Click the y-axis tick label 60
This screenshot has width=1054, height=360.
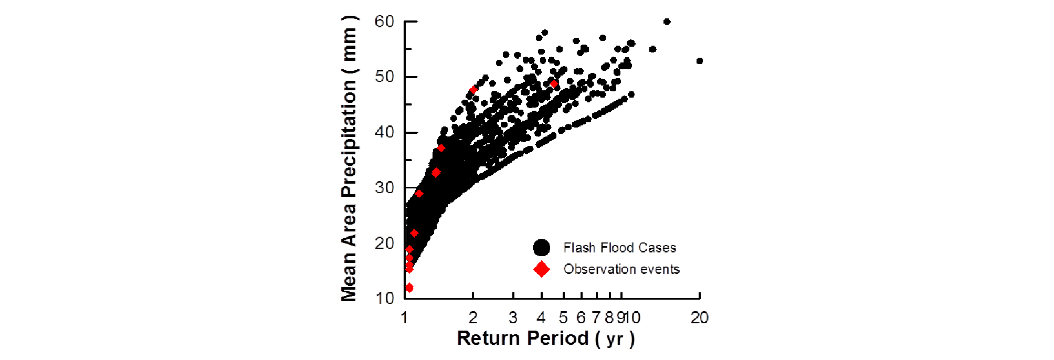coord(384,22)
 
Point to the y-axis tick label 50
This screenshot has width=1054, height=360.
coord(384,77)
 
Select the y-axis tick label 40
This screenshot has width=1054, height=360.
coord(384,132)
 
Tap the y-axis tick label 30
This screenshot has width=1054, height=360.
coord(384,187)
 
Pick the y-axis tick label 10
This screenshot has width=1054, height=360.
coord(385,298)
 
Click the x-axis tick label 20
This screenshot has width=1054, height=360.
coord(699,317)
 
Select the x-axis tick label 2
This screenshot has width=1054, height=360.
coord(473,317)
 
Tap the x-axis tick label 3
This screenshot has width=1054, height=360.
coord(513,317)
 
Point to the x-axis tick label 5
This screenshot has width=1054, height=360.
coord(563,317)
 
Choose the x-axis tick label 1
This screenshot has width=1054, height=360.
coord(404,317)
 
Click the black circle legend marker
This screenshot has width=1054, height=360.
coord(541,247)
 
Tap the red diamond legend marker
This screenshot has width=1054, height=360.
coord(541,269)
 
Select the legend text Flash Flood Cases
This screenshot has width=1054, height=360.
coord(619,248)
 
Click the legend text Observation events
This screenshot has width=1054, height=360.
coord(621,269)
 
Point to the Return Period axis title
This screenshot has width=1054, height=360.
coord(546,338)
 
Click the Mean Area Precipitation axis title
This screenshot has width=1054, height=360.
coord(349,158)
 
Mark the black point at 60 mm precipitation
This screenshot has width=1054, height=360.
coord(667,22)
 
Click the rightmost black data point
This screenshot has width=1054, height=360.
coord(699,61)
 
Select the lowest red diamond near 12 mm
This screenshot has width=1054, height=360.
coord(409,288)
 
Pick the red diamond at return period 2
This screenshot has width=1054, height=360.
coord(474,90)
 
